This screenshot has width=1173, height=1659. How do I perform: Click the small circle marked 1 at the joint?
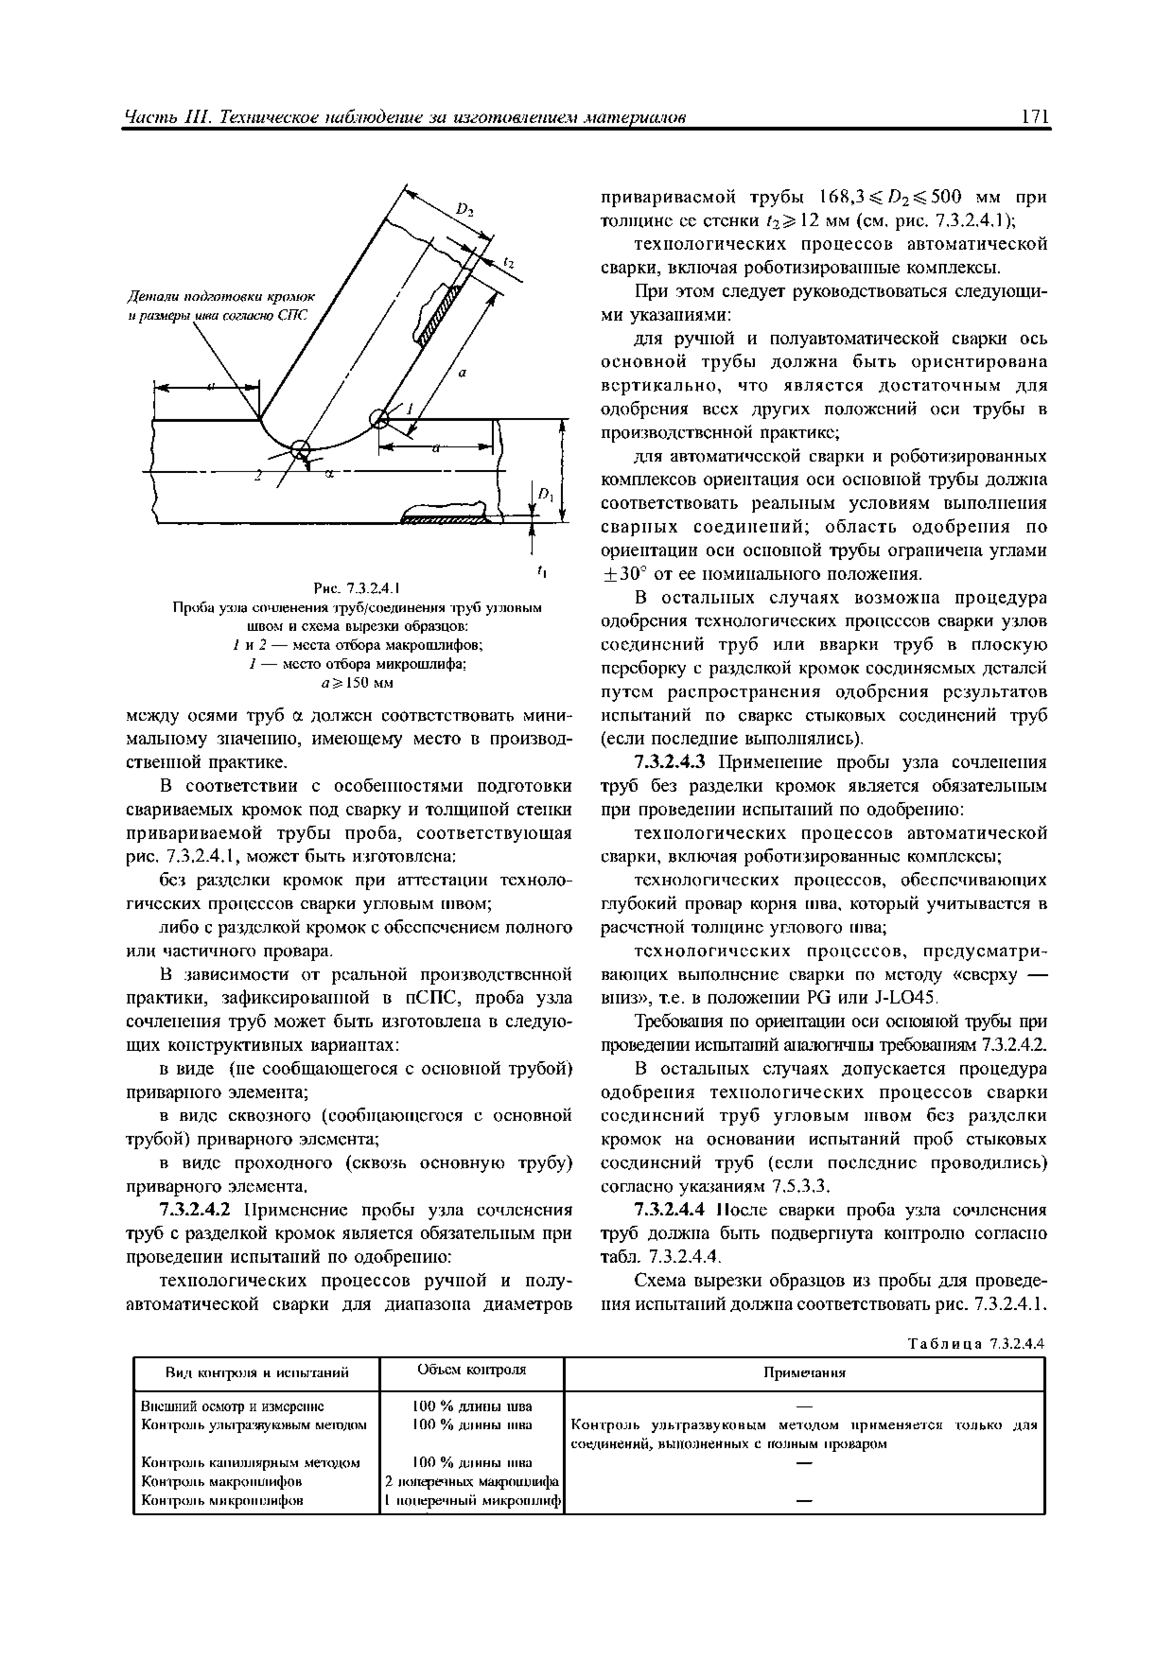tap(378, 418)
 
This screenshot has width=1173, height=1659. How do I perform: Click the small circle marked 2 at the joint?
tap(300, 449)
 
